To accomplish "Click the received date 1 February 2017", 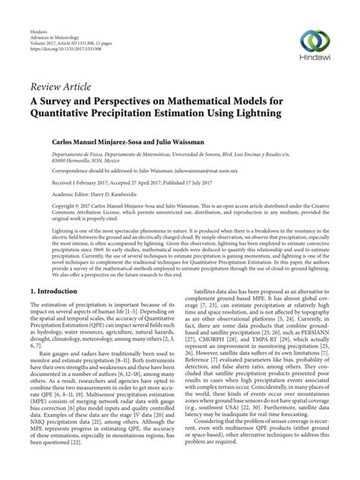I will [81, 184].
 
